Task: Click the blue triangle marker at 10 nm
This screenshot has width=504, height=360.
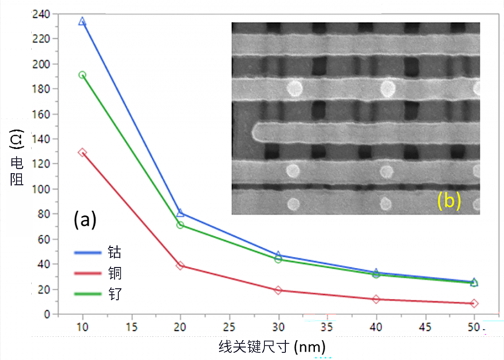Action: [x=82, y=21]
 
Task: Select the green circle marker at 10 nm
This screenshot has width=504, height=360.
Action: [x=82, y=75]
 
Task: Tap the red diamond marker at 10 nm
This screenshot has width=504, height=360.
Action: [x=82, y=152]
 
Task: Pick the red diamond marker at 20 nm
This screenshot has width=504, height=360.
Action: [x=180, y=265]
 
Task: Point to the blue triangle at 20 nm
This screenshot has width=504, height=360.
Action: [x=180, y=213]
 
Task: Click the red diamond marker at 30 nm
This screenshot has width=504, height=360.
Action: [x=278, y=290]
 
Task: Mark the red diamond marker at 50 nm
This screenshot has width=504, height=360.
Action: [x=474, y=303]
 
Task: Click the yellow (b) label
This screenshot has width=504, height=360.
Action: [x=449, y=200]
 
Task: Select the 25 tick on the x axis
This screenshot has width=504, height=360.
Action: [x=229, y=326]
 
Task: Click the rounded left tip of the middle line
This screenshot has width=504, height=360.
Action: [x=256, y=132]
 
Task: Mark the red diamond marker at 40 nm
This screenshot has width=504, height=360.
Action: [x=376, y=299]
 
